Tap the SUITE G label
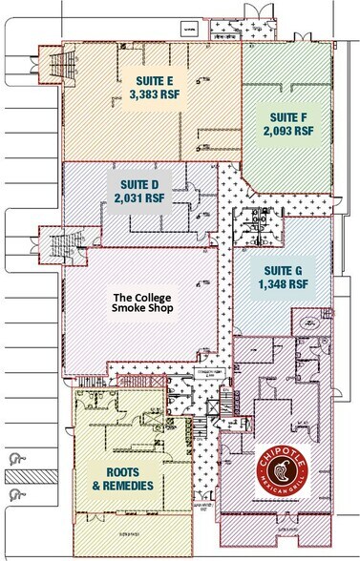click(x=283, y=268)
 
